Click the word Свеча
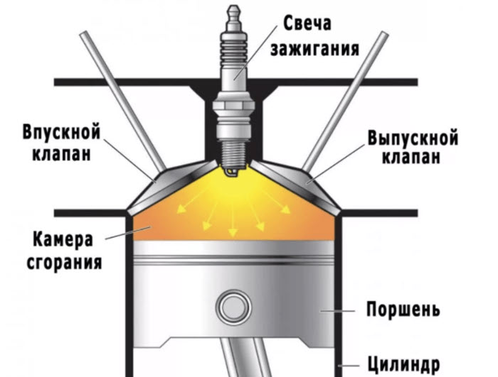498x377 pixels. [x=307, y=23]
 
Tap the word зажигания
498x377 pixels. [x=314, y=49]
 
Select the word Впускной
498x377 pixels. [x=61, y=133]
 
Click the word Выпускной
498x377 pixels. [x=413, y=138]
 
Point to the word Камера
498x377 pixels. [x=63, y=239]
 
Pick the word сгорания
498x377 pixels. [x=64, y=263]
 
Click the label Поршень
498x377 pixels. [x=403, y=309]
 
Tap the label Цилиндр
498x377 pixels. [x=403, y=364]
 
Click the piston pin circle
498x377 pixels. [x=233, y=307]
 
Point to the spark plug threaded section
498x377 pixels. [x=234, y=152]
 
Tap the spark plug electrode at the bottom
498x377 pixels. [x=231, y=172]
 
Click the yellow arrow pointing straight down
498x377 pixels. [x=233, y=219]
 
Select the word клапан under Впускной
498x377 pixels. [x=62, y=154]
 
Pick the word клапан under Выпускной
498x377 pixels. [x=411, y=157]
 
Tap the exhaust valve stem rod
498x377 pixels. [x=345, y=101]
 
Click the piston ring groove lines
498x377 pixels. [x=233, y=259]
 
